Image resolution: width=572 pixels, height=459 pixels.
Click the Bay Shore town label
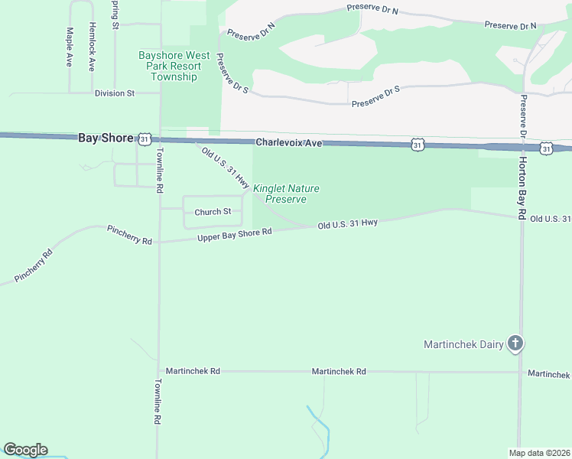[106, 138]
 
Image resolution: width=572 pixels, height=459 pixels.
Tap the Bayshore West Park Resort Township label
[174, 66]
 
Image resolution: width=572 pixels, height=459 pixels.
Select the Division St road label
[115, 93]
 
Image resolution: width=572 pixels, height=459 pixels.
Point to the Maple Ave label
[70, 47]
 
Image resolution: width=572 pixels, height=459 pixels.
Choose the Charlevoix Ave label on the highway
[289, 142]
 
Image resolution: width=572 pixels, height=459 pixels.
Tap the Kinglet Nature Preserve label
[286, 194]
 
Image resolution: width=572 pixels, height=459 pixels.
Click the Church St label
[213, 212]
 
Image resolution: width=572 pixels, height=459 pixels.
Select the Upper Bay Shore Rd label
[235, 236]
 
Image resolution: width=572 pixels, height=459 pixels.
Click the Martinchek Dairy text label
[463, 344]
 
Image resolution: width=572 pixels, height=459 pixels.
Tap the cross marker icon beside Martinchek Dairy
[515, 343]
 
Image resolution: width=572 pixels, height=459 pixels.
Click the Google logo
[25, 450]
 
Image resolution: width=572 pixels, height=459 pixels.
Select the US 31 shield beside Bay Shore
[144, 138]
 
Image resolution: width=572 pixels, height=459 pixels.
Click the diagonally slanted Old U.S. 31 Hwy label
[226, 168]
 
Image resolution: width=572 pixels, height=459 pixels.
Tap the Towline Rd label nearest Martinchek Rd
[157, 402]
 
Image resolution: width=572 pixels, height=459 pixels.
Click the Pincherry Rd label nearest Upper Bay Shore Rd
[129, 234]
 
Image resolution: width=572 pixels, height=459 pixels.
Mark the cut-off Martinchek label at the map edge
[549, 374]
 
